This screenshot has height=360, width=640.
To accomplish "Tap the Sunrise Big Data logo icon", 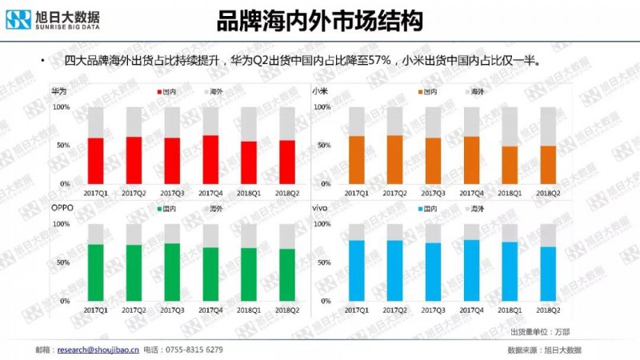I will click(x=18, y=18).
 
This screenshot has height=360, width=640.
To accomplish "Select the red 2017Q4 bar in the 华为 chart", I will click(x=210, y=159).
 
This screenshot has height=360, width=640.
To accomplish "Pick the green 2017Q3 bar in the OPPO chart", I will click(x=172, y=272).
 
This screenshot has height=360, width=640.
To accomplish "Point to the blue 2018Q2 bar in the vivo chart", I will click(x=548, y=274).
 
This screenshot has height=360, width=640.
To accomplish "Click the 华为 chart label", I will click(x=58, y=91).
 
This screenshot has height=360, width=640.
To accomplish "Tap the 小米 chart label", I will click(x=319, y=91).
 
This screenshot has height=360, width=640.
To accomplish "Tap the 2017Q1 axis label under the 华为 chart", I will click(x=95, y=193).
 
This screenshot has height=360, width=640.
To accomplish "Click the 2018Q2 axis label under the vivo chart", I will click(x=548, y=310).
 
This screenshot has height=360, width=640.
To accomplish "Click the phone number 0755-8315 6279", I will click(x=192, y=350).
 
